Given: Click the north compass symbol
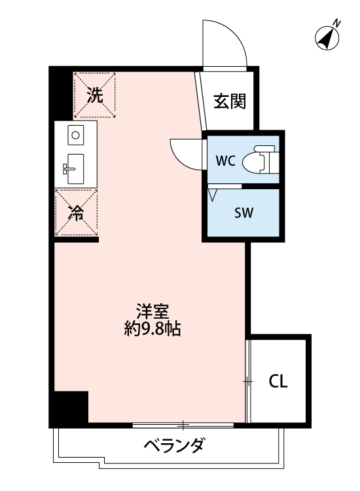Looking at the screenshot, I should coord(325,38).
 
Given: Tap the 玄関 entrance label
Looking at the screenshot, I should coord(230,101).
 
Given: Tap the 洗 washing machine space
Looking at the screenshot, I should coord(96,96).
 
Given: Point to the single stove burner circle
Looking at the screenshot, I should coord(75,136).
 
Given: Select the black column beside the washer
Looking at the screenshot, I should coord(60,92).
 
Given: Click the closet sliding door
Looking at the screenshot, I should coord(249,381).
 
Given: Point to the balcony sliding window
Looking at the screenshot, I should coord(183,424).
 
